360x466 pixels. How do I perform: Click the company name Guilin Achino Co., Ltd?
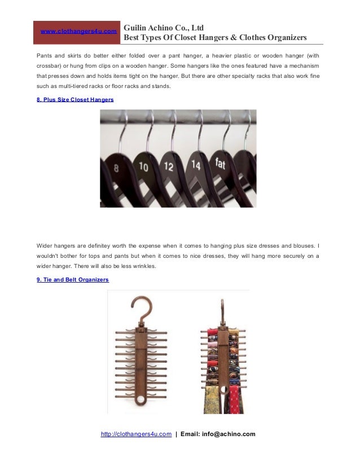(x=164, y=27)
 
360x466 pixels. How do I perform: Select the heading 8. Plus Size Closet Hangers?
(x=74, y=99)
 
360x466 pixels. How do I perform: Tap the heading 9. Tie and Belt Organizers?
(x=72, y=280)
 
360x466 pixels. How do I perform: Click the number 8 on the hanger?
(x=116, y=168)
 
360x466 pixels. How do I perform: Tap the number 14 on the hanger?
(x=195, y=165)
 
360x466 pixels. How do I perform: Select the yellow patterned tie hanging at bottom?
(x=211, y=399)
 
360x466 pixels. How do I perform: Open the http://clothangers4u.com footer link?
(x=136, y=434)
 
